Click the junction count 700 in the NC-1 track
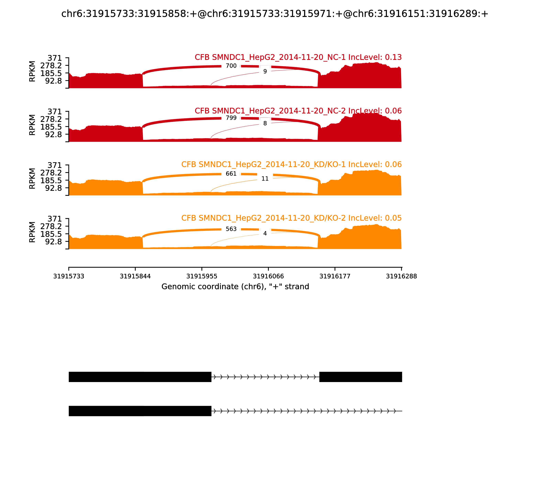coord(231,66)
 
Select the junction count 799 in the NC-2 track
coord(231,118)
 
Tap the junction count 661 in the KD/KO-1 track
coord(231,174)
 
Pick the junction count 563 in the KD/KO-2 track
coord(231,229)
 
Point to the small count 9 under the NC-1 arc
coord(265,71)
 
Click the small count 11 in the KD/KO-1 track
coord(265,178)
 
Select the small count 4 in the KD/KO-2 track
coord(265,233)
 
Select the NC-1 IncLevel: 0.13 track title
coord(298,57)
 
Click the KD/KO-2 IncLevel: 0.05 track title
coord(291,218)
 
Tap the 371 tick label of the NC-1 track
coord(54,58)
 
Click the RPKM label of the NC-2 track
coord(32,125)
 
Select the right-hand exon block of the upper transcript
coord(360,377)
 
